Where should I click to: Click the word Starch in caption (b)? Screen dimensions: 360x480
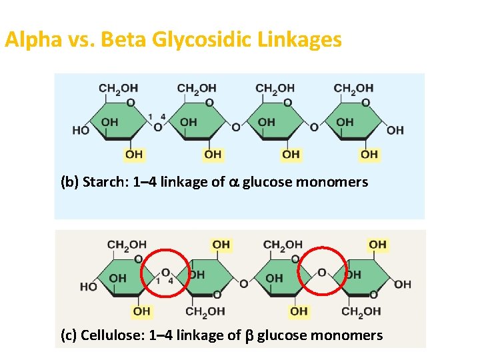103,182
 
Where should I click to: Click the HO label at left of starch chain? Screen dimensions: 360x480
81,130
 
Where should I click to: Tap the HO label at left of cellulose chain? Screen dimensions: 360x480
88,287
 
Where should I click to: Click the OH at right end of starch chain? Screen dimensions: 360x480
395,130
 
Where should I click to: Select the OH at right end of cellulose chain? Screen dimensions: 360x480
403,285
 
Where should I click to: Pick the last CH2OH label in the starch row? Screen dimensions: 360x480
353,88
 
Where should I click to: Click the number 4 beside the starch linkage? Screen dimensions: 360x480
163,117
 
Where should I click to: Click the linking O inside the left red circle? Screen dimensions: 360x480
165,272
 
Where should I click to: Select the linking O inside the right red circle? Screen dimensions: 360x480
322,272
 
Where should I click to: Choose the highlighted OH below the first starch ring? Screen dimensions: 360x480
134,155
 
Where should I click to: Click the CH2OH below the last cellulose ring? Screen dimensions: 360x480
361,311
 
